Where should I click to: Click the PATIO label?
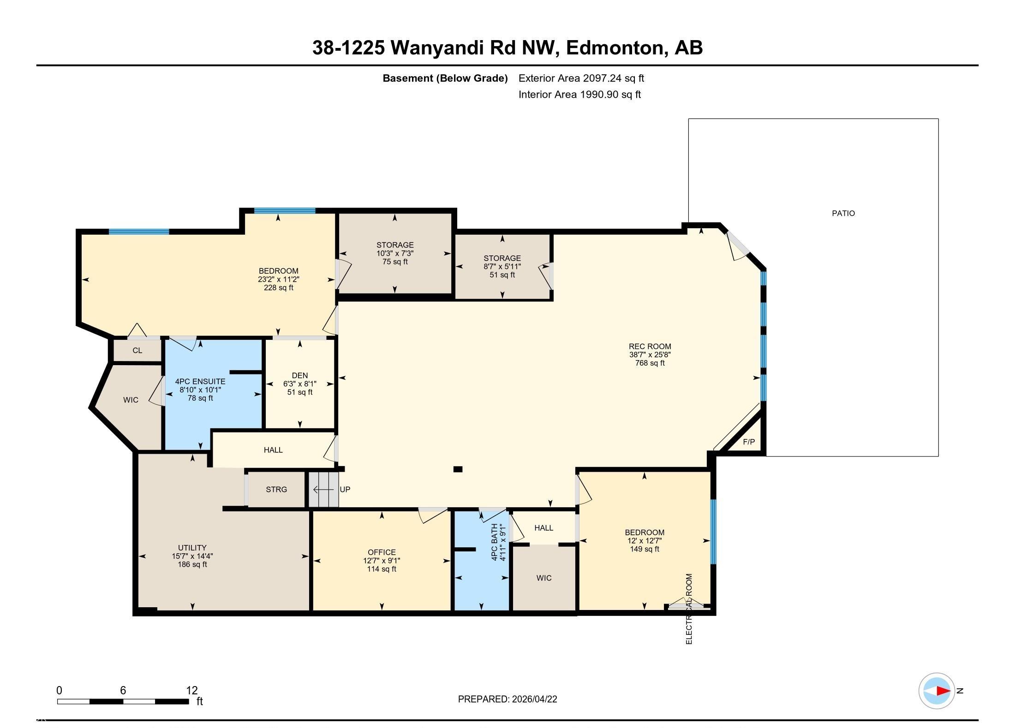tap(843, 213)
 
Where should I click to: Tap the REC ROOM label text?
tap(650, 346)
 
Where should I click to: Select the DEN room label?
tap(300, 375)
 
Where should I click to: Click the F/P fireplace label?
tap(749, 442)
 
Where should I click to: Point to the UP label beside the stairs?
tap(345, 489)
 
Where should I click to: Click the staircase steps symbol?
tap(323, 489)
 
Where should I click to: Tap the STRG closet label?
tap(276, 489)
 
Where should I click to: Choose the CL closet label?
tap(137, 350)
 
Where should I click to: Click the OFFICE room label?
tap(382, 552)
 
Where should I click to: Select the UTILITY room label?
tap(192, 548)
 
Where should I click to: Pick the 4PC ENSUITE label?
tap(200, 381)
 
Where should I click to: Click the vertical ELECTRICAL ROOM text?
tap(689, 609)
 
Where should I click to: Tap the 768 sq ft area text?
tap(650, 363)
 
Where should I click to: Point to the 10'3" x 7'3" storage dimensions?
tap(395, 253)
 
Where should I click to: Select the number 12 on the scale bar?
tap(192, 690)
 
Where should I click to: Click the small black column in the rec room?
tap(458, 469)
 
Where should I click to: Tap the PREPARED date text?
tap(507, 699)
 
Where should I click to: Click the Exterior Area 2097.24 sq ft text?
tap(581, 78)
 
